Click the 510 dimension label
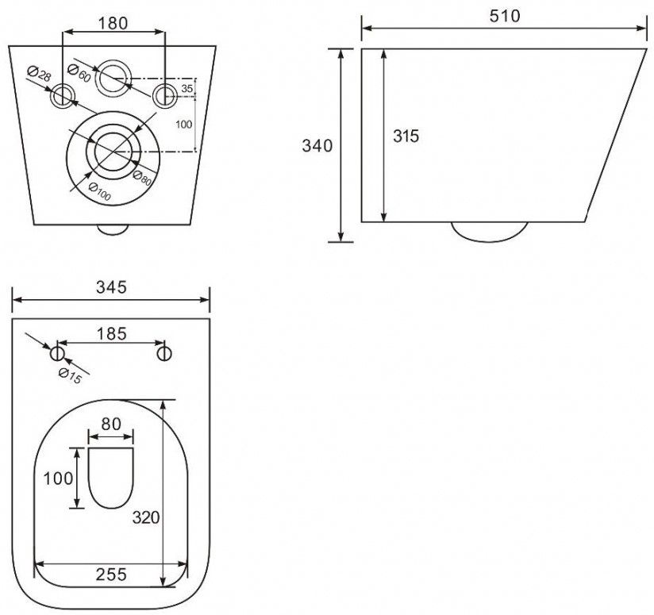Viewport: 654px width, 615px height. tap(505, 16)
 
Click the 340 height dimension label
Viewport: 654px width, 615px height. tap(317, 146)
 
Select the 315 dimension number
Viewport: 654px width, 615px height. tap(406, 136)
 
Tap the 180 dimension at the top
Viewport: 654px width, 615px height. tap(113, 23)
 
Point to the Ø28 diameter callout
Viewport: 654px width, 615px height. tap(39, 74)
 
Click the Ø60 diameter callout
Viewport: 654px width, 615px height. tap(79, 73)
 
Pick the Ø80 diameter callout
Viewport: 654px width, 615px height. tap(142, 178)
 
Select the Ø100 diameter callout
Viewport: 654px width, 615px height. tap(100, 191)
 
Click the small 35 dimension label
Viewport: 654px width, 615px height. tap(187, 88)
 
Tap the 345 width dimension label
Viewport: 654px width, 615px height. tap(111, 287)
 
